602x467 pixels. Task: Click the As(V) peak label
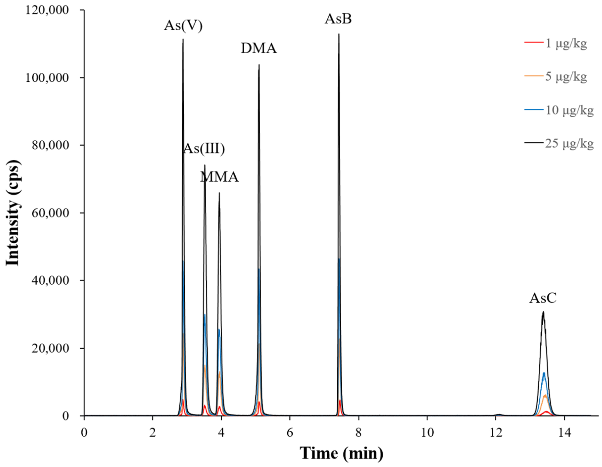183,26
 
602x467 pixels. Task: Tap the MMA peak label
219,177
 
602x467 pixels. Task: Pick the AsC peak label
543,298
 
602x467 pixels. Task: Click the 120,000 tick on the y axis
47,10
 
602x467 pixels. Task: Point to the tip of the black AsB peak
339,34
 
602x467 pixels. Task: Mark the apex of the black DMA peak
259,65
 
